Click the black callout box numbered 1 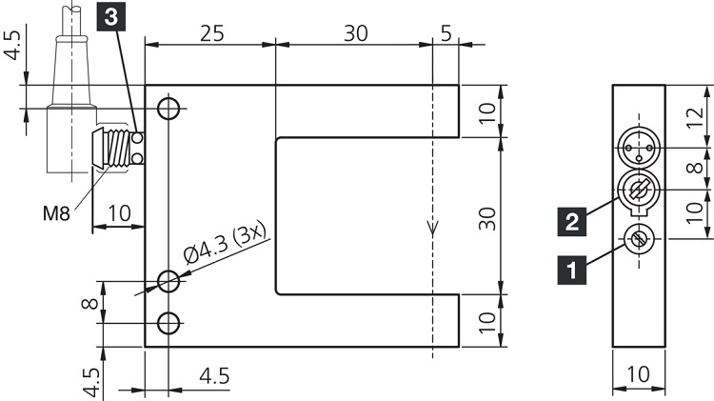571,271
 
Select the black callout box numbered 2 571,223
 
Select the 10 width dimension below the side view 639,374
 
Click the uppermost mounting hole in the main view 169,108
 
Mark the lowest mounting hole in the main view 169,322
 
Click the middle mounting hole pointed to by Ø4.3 169,281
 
